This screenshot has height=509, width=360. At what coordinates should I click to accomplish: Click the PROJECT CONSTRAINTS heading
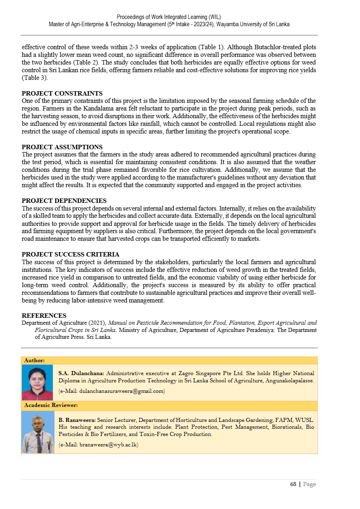pos(62,94)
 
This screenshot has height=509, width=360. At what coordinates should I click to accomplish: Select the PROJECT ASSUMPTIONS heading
pos(62,147)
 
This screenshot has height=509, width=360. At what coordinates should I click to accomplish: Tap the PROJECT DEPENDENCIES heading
pos(64,201)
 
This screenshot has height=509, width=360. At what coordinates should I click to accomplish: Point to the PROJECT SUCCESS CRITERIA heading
pos(71,255)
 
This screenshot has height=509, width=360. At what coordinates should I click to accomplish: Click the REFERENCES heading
pos(44,316)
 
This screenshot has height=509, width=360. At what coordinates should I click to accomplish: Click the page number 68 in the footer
pos(293,484)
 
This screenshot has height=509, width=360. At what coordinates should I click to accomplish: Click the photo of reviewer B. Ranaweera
pos(38,432)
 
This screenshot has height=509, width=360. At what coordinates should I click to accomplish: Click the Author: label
pos(34,360)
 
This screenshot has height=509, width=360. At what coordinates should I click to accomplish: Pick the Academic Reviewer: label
pos(51,405)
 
